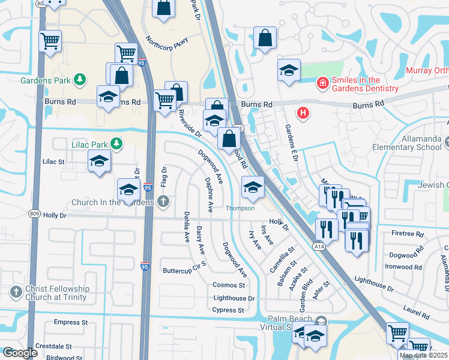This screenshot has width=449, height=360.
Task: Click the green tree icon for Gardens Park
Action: coord(79,80)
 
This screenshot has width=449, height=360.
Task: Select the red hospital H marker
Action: coord(303,112)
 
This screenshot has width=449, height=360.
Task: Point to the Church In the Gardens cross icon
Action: coord(163,202)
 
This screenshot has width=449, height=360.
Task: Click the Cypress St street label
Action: coord(228,310)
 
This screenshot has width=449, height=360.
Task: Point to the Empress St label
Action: coord(67,322)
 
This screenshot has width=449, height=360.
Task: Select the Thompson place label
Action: coord(240,209)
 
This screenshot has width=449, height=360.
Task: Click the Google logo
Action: coord(20,353)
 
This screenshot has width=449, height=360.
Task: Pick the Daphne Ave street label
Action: coord(208,194)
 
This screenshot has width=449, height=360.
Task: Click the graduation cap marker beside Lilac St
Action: coord(99,161)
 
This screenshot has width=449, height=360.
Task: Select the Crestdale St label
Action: coord(53,347)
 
